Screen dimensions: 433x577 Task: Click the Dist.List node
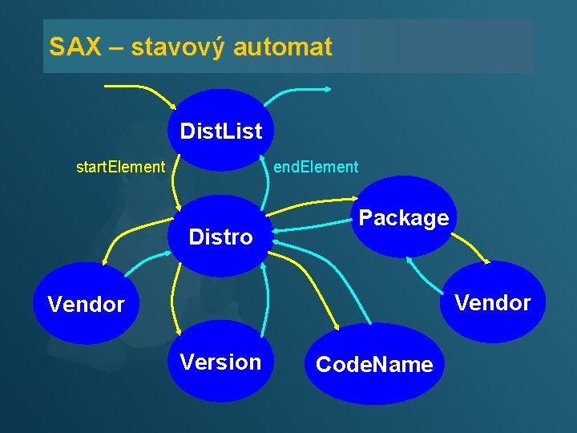220,131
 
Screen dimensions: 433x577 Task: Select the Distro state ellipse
220,237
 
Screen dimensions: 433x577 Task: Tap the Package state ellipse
403,218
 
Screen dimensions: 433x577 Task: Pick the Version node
220,362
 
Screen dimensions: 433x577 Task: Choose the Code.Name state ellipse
374,365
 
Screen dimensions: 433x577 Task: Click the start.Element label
120,168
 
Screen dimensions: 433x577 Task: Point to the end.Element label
316,168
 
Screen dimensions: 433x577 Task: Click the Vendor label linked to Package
493,302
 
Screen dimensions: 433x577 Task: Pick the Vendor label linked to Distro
87,304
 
